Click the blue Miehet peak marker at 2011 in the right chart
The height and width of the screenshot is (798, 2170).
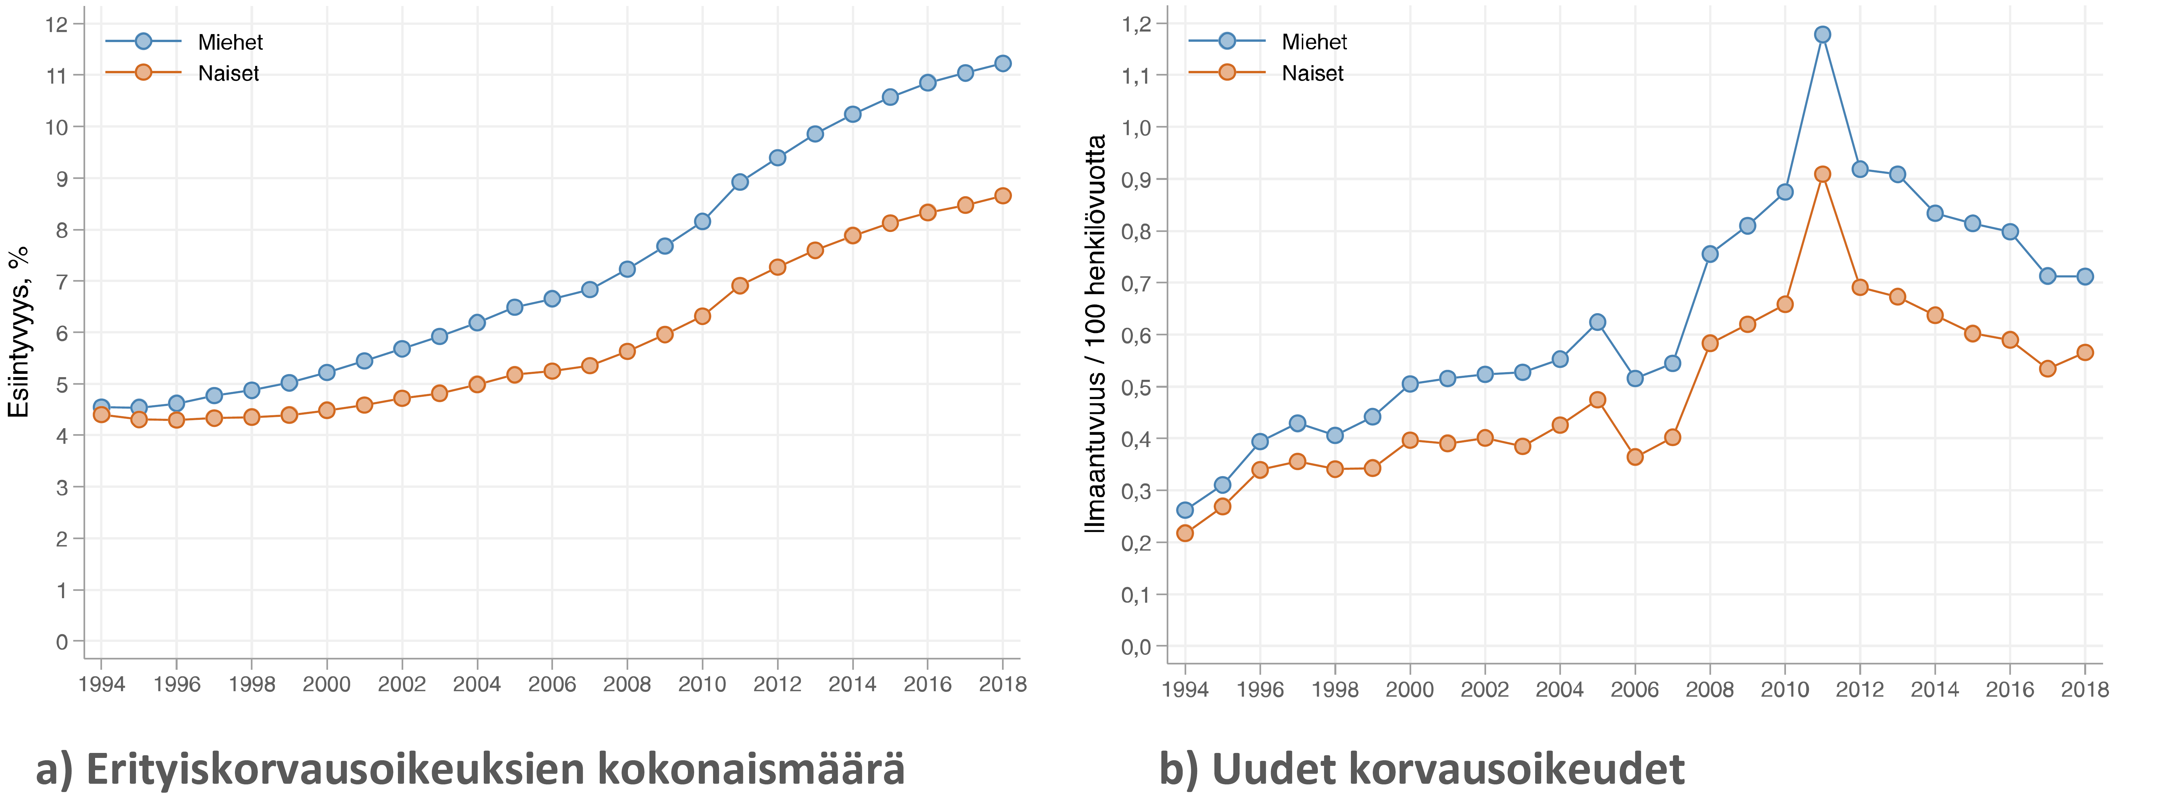point(1822,34)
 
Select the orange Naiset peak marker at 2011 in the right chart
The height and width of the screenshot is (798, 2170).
point(1822,174)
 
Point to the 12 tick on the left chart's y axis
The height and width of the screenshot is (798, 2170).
point(56,25)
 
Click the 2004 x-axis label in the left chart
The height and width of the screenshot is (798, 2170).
point(477,684)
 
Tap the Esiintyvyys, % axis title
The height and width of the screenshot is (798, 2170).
point(19,331)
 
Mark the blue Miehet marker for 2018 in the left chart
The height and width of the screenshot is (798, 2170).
point(1002,63)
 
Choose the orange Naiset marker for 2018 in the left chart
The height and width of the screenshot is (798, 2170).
point(1002,196)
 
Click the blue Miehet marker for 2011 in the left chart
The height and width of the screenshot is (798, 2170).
point(740,182)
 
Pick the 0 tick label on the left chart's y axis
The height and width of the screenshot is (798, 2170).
point(62,642)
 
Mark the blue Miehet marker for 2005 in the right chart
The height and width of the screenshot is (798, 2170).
point(1597,322)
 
